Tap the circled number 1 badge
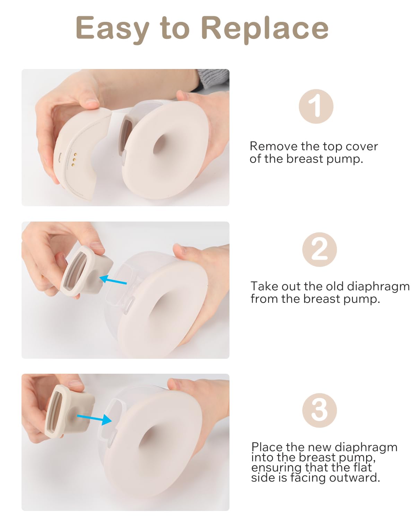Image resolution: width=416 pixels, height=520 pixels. click(x=316, y=106)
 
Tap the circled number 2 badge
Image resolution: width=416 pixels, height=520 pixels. click(x=319, y=249)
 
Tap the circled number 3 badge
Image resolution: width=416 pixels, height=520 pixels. click(x=319, y=410)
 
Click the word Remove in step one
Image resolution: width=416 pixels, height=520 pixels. click(x=274, y=146)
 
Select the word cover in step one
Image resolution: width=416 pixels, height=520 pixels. click(x=362, y=146)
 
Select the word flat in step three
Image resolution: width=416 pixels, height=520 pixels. click(x=362, y=467)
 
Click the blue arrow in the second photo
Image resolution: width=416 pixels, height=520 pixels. click(x=113, y=280)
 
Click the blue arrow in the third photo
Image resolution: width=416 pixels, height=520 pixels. click(x=94, y=419)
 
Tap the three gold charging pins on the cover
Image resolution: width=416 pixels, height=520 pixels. click(x=74, y=159)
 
